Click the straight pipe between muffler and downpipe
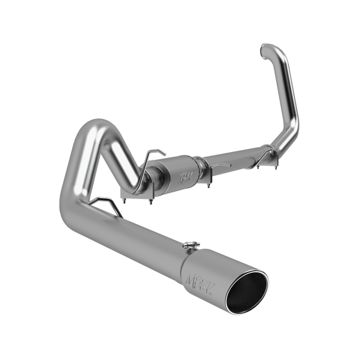coord(235,150)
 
